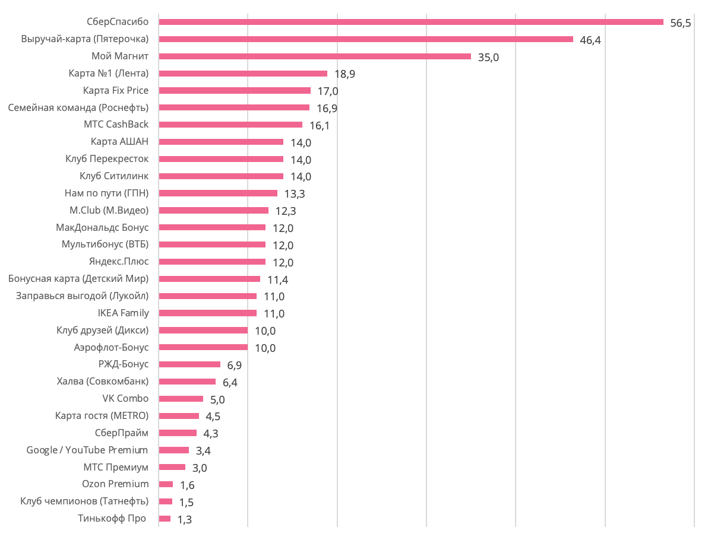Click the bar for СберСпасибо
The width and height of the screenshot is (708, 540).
tap(411, 22)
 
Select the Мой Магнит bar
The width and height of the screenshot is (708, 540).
tap(315, 56)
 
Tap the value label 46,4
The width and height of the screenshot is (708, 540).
tap(590, 40)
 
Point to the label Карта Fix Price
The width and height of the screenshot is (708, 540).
tap(116, 90)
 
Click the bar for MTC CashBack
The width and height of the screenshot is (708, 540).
tap(230, 125)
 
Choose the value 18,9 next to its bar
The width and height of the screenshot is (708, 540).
tap(344, 74)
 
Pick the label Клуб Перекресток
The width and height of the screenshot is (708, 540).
tap(107, 159)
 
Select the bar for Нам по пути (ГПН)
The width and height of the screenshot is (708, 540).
tap(218, 193)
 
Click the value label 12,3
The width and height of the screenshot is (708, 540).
tap(286, 211)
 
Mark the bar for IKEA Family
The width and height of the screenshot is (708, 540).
tap(207, 313)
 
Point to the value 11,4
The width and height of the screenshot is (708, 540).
tap(277, 279)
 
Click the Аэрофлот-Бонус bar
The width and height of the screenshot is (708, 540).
tap(203, 347)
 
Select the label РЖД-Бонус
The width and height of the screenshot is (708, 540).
tap(124, 364)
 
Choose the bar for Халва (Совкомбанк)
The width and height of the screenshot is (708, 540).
tap(187, 382)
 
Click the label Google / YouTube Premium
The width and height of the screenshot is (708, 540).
tap(87, 450)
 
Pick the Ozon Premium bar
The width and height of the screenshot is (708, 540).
tap(166, 484)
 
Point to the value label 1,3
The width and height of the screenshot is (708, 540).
tap(185, 519)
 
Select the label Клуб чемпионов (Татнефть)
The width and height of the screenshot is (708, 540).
tap(84, 501)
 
